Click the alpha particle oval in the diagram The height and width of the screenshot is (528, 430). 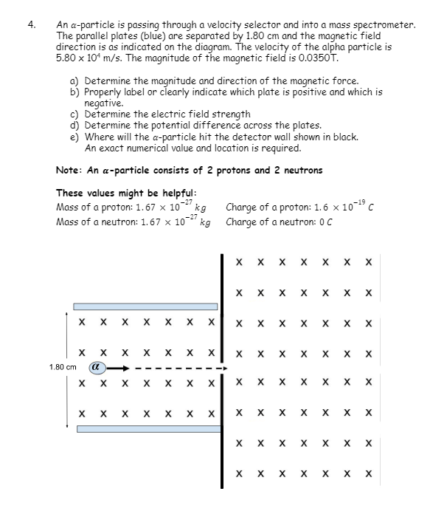(x=97, y=367)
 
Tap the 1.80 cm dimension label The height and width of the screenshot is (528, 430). (x=63, y=367)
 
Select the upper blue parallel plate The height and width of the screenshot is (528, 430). (x=145, y=306)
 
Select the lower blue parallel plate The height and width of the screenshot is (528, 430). (x=149, y=429)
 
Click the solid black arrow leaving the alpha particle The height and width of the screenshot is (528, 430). (x=118, y=368)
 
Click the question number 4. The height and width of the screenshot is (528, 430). (x=32, y=24)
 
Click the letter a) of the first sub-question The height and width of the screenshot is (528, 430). (x=74, y=81)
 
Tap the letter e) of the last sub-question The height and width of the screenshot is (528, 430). (x=74, y=137)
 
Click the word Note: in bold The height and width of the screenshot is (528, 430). (x=69, y=170)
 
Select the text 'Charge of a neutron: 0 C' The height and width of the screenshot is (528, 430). (x=279, y=222)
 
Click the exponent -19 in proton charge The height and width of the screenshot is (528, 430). (x=360, y=202)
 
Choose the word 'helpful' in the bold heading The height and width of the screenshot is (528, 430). (x=179, y=193)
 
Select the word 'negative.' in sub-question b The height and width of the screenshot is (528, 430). (x=104, y=103)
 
